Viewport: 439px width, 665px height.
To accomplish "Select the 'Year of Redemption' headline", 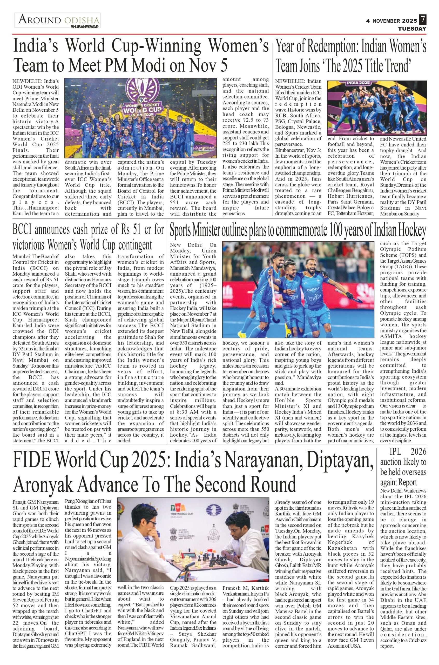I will [x=351, y=56].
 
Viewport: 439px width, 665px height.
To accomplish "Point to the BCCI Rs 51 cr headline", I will [x=88, y=237].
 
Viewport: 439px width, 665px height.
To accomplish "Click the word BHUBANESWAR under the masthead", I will [x=85, y=27].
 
